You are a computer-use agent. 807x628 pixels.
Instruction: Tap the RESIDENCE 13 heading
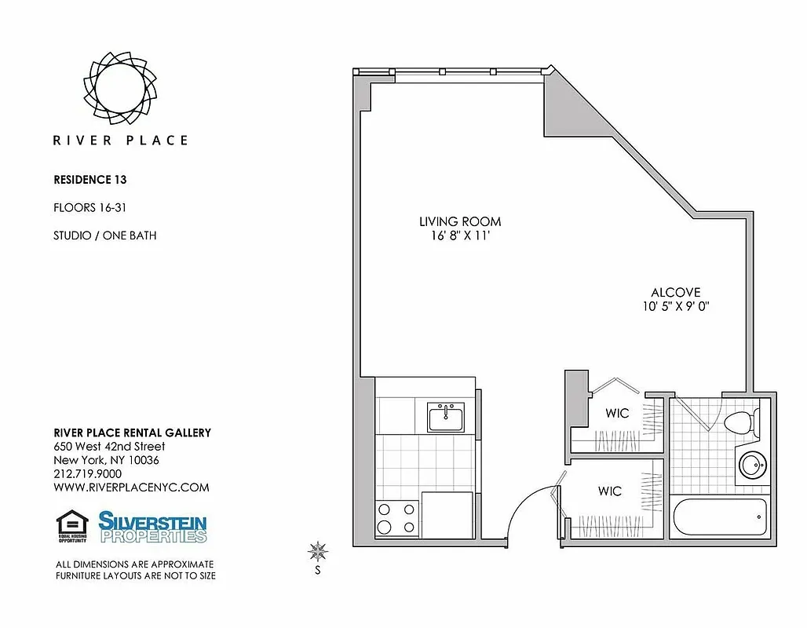coord(89,179)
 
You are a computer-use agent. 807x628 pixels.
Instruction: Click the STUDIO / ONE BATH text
coord(104,235)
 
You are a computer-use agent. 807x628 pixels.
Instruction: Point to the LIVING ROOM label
coord(459,222)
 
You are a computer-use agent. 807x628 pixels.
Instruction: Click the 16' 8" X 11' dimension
coord(459,235)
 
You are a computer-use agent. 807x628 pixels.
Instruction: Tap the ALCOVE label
coord(675,292)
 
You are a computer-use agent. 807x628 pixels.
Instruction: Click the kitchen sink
coord(446,416)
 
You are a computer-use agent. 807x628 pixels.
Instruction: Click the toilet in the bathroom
coord(739,423)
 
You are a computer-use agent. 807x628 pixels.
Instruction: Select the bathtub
coord(719,517)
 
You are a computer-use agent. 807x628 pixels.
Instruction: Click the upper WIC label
coord(617,413)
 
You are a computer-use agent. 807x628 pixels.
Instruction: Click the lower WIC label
coord(610,491)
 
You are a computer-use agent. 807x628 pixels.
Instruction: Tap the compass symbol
coord(317,551)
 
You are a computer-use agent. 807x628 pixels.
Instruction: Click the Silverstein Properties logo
coord(152,527)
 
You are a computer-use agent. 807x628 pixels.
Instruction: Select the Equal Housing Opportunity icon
coord(71,527)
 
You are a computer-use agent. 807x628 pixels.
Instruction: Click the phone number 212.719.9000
coord(87,473)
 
